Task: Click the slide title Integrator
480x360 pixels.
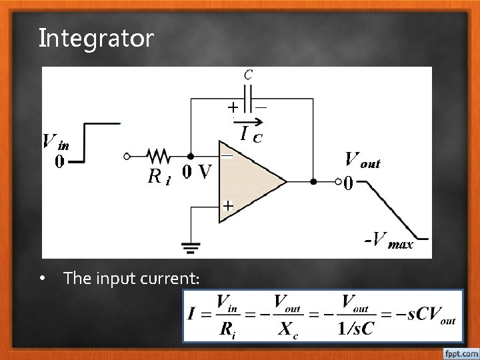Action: point(96,38)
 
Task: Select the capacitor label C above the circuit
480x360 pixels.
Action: point(248,75)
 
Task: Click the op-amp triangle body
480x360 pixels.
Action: point(250,180)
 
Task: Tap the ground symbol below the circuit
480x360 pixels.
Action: point(191,247)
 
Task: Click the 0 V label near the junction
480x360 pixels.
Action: point(197,172)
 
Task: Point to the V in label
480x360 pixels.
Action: point(55,142)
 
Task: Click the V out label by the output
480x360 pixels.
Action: point(362,160)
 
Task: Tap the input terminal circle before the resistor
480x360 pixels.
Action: point(127,157)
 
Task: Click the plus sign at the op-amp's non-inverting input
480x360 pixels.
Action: point(227,207)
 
